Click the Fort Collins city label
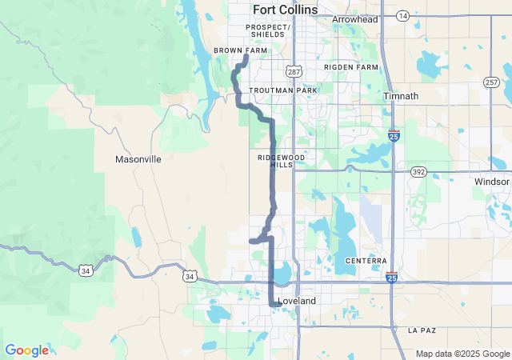(285, 10)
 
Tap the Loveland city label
(296, 301)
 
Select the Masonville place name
(138, 159)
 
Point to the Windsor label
(491, 182)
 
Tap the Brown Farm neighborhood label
(240, 50)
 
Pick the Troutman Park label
(283, 90)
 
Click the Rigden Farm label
(350, 67)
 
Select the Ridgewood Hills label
(281, 161)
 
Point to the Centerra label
(366, 261)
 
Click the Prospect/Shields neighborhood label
(268, 30)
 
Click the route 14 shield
(402, 16)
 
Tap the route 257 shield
(491, 82)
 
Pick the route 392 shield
(418, 172)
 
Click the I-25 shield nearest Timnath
(394, 136)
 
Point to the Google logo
(26, 350)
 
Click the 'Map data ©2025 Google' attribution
(462, 354)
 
